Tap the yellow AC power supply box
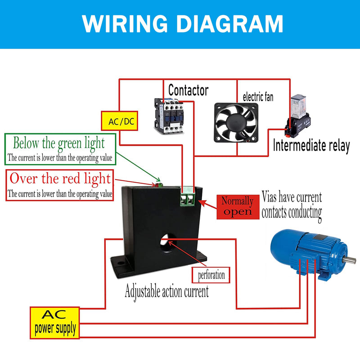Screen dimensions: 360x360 pos(55,322)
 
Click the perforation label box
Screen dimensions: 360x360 pos(211,274)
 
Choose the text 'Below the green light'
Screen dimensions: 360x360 pos(58,144)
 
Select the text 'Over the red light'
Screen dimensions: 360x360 pos(60,178)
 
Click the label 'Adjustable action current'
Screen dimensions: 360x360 pos(166,291)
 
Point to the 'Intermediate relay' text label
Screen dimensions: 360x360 pos(311,146)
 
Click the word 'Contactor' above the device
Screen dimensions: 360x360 pos(188,90)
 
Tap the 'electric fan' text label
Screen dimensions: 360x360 pos(258,97)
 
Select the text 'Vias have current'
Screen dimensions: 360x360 pos(292,197)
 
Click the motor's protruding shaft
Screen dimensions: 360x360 pos(351,260)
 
